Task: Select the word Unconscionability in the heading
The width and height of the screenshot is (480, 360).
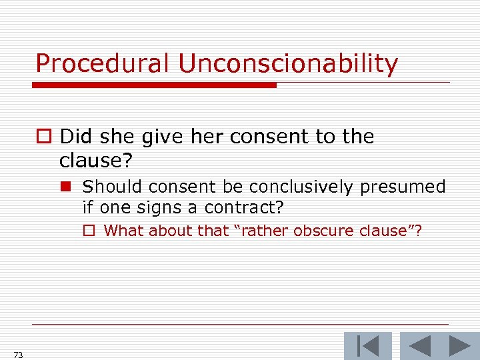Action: [x=288, y=64]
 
